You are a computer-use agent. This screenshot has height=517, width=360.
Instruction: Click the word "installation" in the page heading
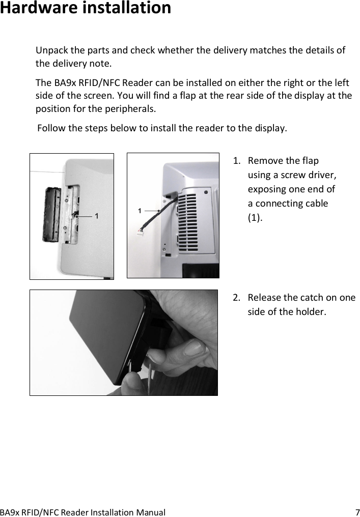(127, 9)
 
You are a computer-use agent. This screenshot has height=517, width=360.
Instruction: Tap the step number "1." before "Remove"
(237, 161)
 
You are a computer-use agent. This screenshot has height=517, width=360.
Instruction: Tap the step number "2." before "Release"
(237, 298)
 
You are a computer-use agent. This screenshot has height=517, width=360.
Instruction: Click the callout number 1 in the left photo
(97, 216)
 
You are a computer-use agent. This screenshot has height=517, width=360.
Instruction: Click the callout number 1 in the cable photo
(140, 210)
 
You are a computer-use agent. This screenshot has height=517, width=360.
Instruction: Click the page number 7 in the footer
(357, 512)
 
